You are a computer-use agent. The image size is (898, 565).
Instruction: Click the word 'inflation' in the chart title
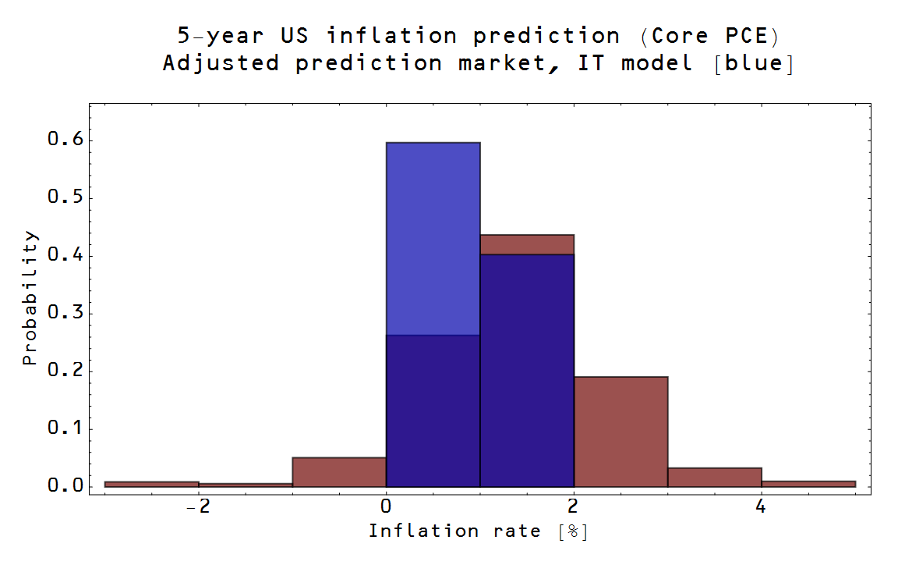392,36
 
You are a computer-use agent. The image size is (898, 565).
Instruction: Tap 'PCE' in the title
746,36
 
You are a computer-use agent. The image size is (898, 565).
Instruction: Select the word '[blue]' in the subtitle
754,63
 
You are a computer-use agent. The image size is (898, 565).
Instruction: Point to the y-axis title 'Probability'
29,297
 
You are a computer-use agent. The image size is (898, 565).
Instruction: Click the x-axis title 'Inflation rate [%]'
478,531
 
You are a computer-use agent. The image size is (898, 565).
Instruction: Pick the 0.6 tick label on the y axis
65,139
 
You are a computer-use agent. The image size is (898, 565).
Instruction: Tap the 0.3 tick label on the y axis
65,312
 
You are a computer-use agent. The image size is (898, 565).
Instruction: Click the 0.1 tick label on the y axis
65,428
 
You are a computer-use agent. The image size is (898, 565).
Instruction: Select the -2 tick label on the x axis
198,506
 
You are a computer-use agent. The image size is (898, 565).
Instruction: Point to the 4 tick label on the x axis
761,506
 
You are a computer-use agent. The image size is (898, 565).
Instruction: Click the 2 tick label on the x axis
573,506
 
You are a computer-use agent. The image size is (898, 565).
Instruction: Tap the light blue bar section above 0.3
433,239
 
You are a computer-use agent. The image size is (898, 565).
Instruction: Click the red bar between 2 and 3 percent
620,432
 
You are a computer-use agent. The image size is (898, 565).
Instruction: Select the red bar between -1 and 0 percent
339,472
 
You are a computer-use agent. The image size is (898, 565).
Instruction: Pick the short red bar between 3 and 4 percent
715,478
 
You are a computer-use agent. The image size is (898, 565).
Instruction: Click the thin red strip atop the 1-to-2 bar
527,244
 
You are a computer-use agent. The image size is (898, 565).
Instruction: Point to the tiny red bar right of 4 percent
808,484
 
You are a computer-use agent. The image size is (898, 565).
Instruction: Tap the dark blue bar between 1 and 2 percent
527,371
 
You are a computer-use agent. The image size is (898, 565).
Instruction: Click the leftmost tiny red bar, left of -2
152,484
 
